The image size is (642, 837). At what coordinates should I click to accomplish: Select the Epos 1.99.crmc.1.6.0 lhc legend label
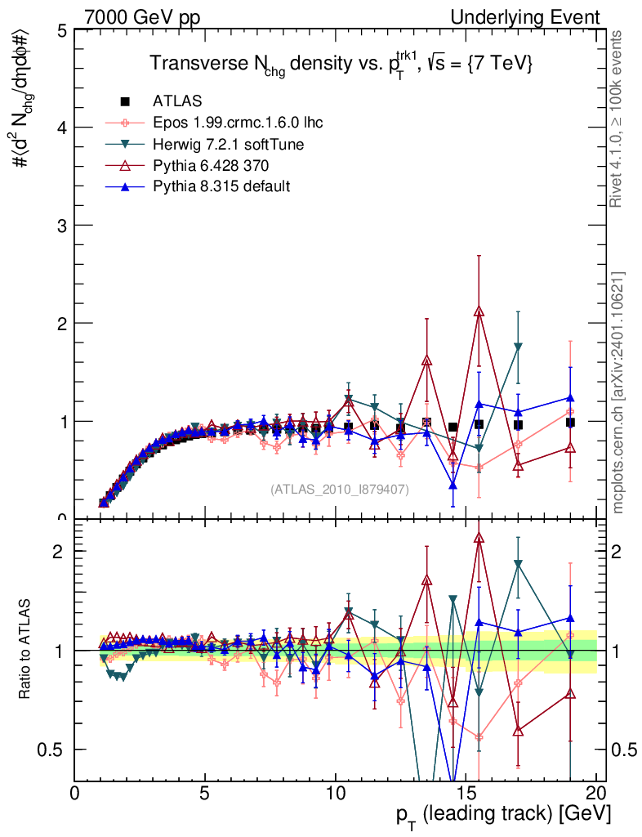238,123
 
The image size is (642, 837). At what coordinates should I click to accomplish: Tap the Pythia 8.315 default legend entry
221,186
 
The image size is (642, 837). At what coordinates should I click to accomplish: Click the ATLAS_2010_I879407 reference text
340,489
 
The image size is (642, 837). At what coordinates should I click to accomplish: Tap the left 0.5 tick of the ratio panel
57,750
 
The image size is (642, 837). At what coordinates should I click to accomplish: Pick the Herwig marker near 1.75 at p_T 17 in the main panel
518,347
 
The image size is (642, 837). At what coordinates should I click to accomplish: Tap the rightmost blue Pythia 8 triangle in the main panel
570,398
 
